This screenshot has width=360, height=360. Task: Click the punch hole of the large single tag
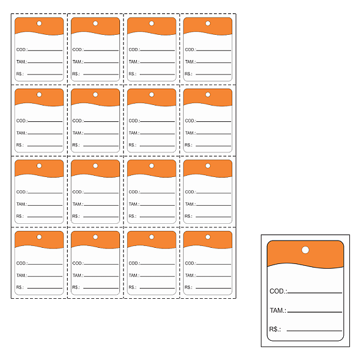coord(305,250)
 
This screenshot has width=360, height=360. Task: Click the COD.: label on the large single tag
coord(278,291)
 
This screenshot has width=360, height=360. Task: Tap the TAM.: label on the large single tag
coord(278,310)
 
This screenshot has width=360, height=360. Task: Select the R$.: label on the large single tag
coord(275,329)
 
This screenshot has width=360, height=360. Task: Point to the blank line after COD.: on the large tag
coord(314,293)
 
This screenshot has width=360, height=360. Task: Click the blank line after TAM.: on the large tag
coord(314,312)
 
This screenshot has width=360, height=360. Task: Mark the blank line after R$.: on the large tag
coord(314,331)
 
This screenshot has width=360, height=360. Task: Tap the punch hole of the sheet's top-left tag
coord(39,23)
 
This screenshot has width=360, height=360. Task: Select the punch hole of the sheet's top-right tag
coord(208,23)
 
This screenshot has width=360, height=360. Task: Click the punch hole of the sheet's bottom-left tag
coord(39,237)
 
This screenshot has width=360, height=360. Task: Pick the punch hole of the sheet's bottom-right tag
coord(208,237)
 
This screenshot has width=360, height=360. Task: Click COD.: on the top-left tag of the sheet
coord(22,50)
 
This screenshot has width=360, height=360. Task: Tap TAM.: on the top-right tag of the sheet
coord(190,62)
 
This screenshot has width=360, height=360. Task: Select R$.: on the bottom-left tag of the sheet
coord(20,287)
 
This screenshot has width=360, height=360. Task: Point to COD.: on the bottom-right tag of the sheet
coord(190,263)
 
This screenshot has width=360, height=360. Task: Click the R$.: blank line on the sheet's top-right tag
coord(213,74)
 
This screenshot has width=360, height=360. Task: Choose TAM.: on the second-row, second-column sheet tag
coord(78,133)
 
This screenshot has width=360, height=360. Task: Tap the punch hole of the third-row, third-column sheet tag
coord(152,166)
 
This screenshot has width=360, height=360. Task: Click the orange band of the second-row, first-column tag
coord(39,97)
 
